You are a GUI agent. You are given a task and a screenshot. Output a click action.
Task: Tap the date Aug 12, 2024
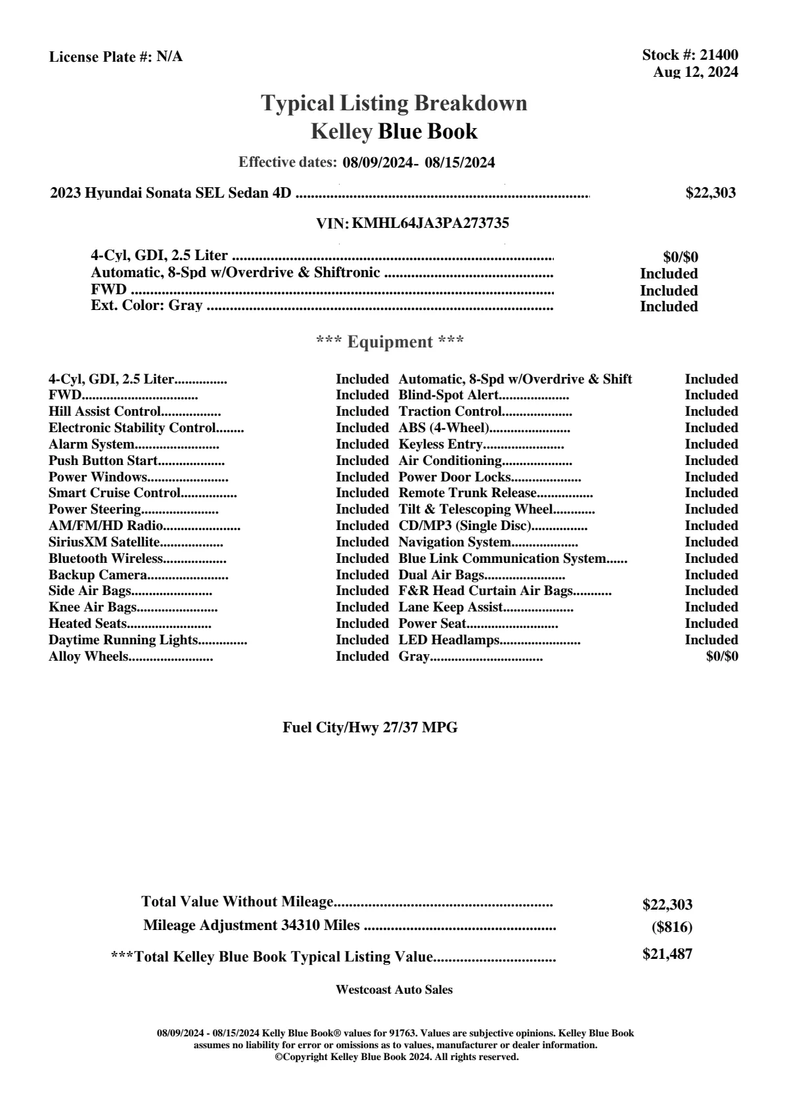point(695,72)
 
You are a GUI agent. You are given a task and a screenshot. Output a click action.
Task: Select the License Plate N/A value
point(169,56)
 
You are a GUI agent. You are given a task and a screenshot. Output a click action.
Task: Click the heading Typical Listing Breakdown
point(394,103)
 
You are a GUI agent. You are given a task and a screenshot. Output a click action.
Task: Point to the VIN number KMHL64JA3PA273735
point(430,223)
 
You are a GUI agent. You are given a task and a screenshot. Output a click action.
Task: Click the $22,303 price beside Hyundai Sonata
point(710,192)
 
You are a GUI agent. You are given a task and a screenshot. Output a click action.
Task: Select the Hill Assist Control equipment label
point(104,411)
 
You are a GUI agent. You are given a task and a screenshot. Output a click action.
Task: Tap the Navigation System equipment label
point(455,542)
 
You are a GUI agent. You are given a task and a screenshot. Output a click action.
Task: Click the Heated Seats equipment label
point(87,623)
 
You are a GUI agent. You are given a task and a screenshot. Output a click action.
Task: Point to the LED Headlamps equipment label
point(449,640)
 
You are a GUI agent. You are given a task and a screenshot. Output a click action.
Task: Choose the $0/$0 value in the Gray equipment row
point(721,656)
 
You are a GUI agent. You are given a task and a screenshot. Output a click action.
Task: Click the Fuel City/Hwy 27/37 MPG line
point(370,727)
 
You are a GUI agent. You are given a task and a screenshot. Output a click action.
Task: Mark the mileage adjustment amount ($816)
point(671,927)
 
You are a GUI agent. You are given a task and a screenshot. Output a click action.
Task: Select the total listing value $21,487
point(667,954)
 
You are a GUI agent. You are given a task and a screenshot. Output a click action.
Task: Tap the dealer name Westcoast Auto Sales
point(394,989)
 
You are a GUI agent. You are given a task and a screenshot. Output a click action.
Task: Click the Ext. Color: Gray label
point(147,305)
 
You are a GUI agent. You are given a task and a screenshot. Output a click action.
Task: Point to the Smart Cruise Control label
point(114,493)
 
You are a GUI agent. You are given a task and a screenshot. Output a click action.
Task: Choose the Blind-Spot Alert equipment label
point(449,395)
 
